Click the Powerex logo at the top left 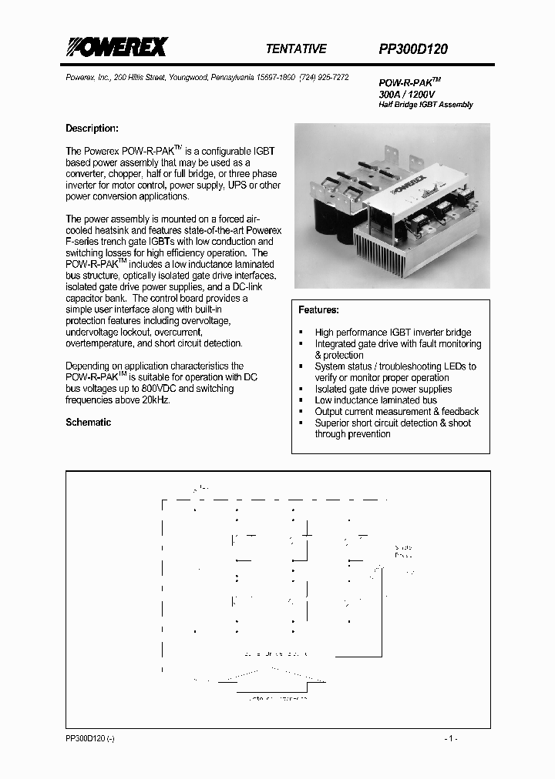(116, 48)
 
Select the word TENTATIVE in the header (296, 48)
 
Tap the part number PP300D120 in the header (413, 48)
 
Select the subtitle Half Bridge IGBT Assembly (425, 105)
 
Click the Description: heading (92, 129)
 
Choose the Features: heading (318, 309)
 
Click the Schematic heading (88, 423)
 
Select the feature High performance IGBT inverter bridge (392, 333)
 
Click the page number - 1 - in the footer (451, 738)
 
